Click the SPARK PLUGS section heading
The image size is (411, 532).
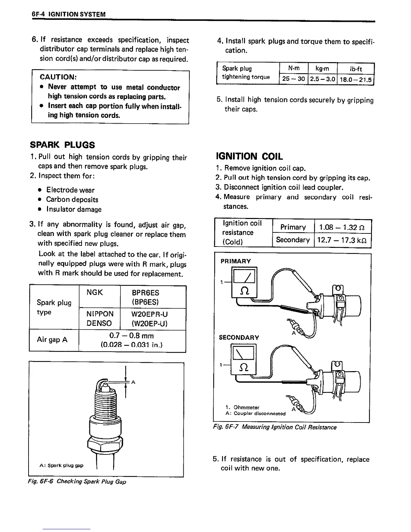(62, 145)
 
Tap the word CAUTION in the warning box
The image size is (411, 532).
(58, 78)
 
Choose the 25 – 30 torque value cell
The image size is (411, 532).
(293, 79)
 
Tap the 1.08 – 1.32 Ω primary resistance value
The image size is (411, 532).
(343, 227)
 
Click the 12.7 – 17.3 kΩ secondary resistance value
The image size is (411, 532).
(343, 240)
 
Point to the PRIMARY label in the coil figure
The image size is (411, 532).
(236, 261)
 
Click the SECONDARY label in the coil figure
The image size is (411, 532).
(239, 338)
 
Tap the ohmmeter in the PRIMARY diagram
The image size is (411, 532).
(244, 282)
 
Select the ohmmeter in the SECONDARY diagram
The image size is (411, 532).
(244, 359)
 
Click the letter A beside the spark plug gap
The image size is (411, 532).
(133, 382)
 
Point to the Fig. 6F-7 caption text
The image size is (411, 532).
(275, 427)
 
